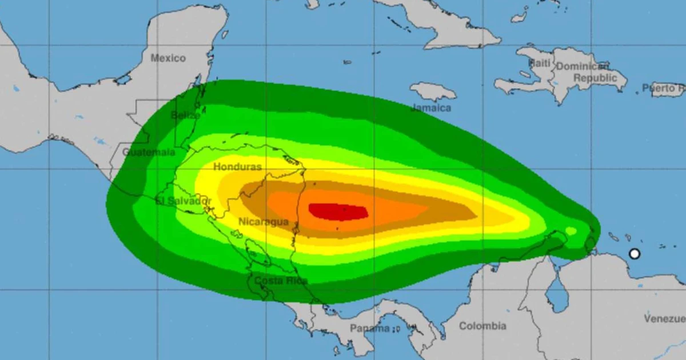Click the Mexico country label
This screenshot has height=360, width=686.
[x=168, y=58]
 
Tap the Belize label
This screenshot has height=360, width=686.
[x=185, y=115]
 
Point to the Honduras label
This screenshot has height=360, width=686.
[x=237, y=167]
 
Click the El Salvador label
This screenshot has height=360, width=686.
[x=184, y=201]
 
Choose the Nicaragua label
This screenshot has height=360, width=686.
[x=264, y=222]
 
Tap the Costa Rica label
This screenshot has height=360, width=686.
[x=281, y=281]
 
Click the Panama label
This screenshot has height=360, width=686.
[x=369, y=328]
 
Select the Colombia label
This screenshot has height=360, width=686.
[x=483, y=326]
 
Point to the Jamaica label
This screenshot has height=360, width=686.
[x=431, y=108]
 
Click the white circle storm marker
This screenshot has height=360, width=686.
[x=634, y=254]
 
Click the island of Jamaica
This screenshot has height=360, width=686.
[x=433, y=91]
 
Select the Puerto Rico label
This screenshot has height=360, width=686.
[x=663, y=88]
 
